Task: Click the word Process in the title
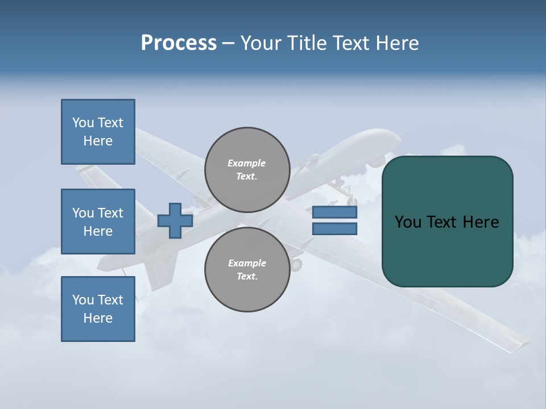(179, 43)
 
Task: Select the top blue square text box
(98, 132)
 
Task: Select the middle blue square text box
(98, 222)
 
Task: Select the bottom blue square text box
(98, 309)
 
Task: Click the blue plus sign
(175, 220)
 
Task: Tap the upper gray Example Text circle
(247, 170)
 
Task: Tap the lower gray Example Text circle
(247, 270)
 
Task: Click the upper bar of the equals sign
(334, 212)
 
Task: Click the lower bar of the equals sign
(334, 229)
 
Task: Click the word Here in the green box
(481, 222)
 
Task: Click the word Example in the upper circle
(246, 163)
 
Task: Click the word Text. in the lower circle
(247, 277)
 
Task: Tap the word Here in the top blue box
(98, 141)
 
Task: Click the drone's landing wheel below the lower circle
(296, 264)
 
